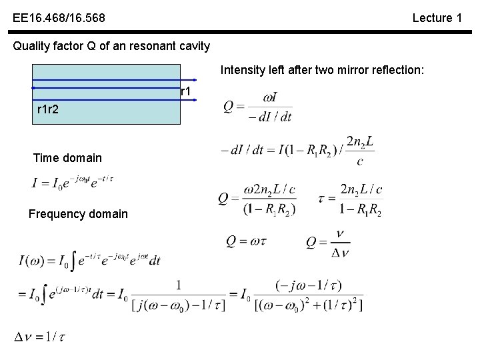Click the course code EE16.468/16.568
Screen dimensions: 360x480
pyautogui.click(x=58, y=18)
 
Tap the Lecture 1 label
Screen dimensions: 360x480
pyautogui.click(x=437, y=18)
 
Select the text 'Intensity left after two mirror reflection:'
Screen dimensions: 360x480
pyautogui.click(x=322, y=69)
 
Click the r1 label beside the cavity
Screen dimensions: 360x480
pyautogui.click(x=187, y=91)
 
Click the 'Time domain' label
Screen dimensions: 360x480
pyautogui.click(x=67, y=158)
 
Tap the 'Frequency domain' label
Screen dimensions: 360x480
pyautogui.click(x=78, y=214)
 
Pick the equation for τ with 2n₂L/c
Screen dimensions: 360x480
pyautogui.click(x=351, y=199)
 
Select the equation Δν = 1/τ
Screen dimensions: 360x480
pyautogui.click(x=41, y=337)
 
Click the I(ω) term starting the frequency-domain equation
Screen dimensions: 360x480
pyautogui.click(x=33, y=260)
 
